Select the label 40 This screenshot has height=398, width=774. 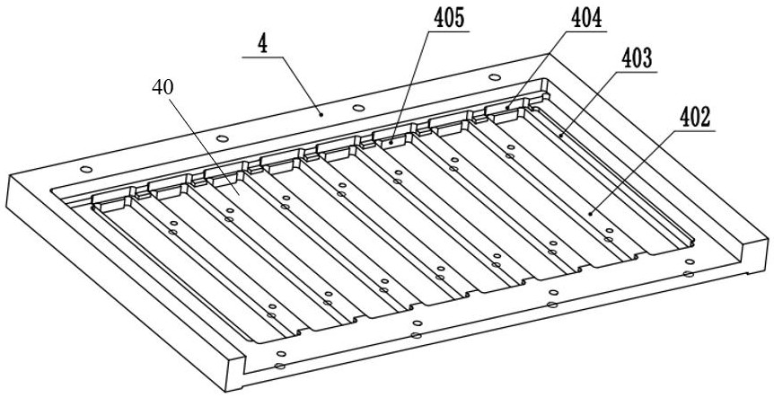(x=163, y=86)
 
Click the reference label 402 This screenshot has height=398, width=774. (x=695, y=115)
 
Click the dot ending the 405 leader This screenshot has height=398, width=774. (x=392, y=141)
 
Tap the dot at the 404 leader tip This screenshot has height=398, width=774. (x=507, y=108)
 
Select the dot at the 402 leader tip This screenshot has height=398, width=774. (x=590, y=213)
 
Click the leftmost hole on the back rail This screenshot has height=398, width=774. (x=84, y=170)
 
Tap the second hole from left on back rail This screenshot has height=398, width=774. (x=221, y=138)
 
